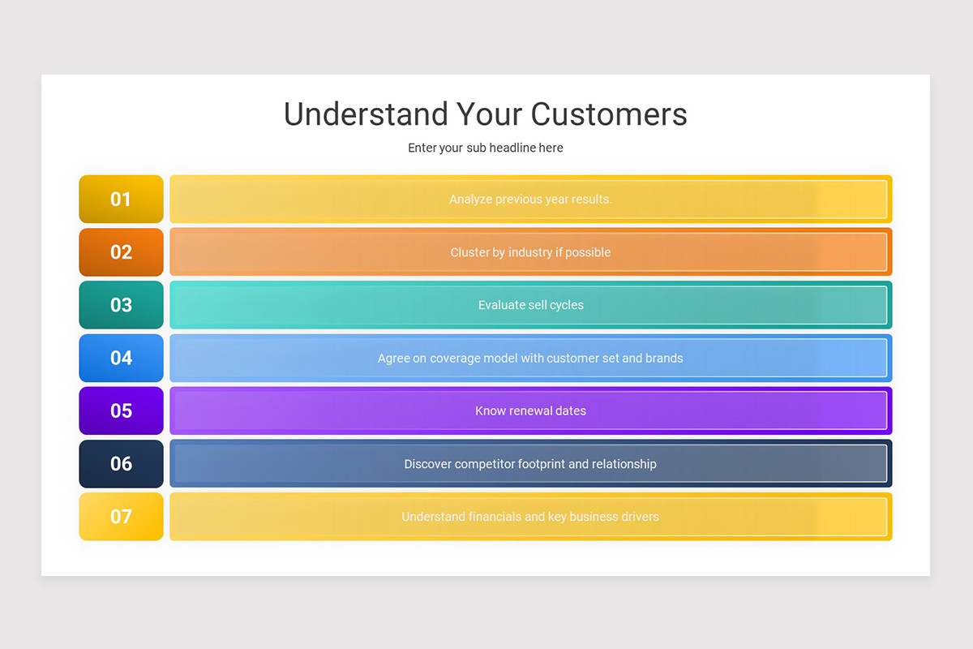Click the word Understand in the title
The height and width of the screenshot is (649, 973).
click(365, 114)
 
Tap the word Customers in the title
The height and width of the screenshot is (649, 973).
click(609, 114)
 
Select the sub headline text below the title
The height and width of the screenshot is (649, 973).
click(486, 148)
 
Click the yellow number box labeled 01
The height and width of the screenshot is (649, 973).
click(121, 199)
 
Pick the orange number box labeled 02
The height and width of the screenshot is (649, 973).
click(121, 252)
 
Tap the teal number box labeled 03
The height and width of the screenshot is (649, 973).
click(121, 305)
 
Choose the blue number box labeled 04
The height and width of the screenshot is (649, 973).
click(121, 358)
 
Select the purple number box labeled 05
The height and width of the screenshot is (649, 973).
click(121, 410)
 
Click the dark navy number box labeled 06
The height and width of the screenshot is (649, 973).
click(121, 463)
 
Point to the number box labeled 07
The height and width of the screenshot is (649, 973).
click(121, 516)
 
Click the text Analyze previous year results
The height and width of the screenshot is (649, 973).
click(530, 199)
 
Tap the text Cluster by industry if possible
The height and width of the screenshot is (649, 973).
click(530, 252)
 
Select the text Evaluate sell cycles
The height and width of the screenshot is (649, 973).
click(530, 305)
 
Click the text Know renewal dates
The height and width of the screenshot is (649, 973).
click(530, 410)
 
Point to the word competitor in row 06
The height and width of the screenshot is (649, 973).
click(486, 464)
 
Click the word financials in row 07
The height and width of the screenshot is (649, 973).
click(499, 517)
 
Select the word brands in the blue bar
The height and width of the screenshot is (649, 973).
click(664, 358)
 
